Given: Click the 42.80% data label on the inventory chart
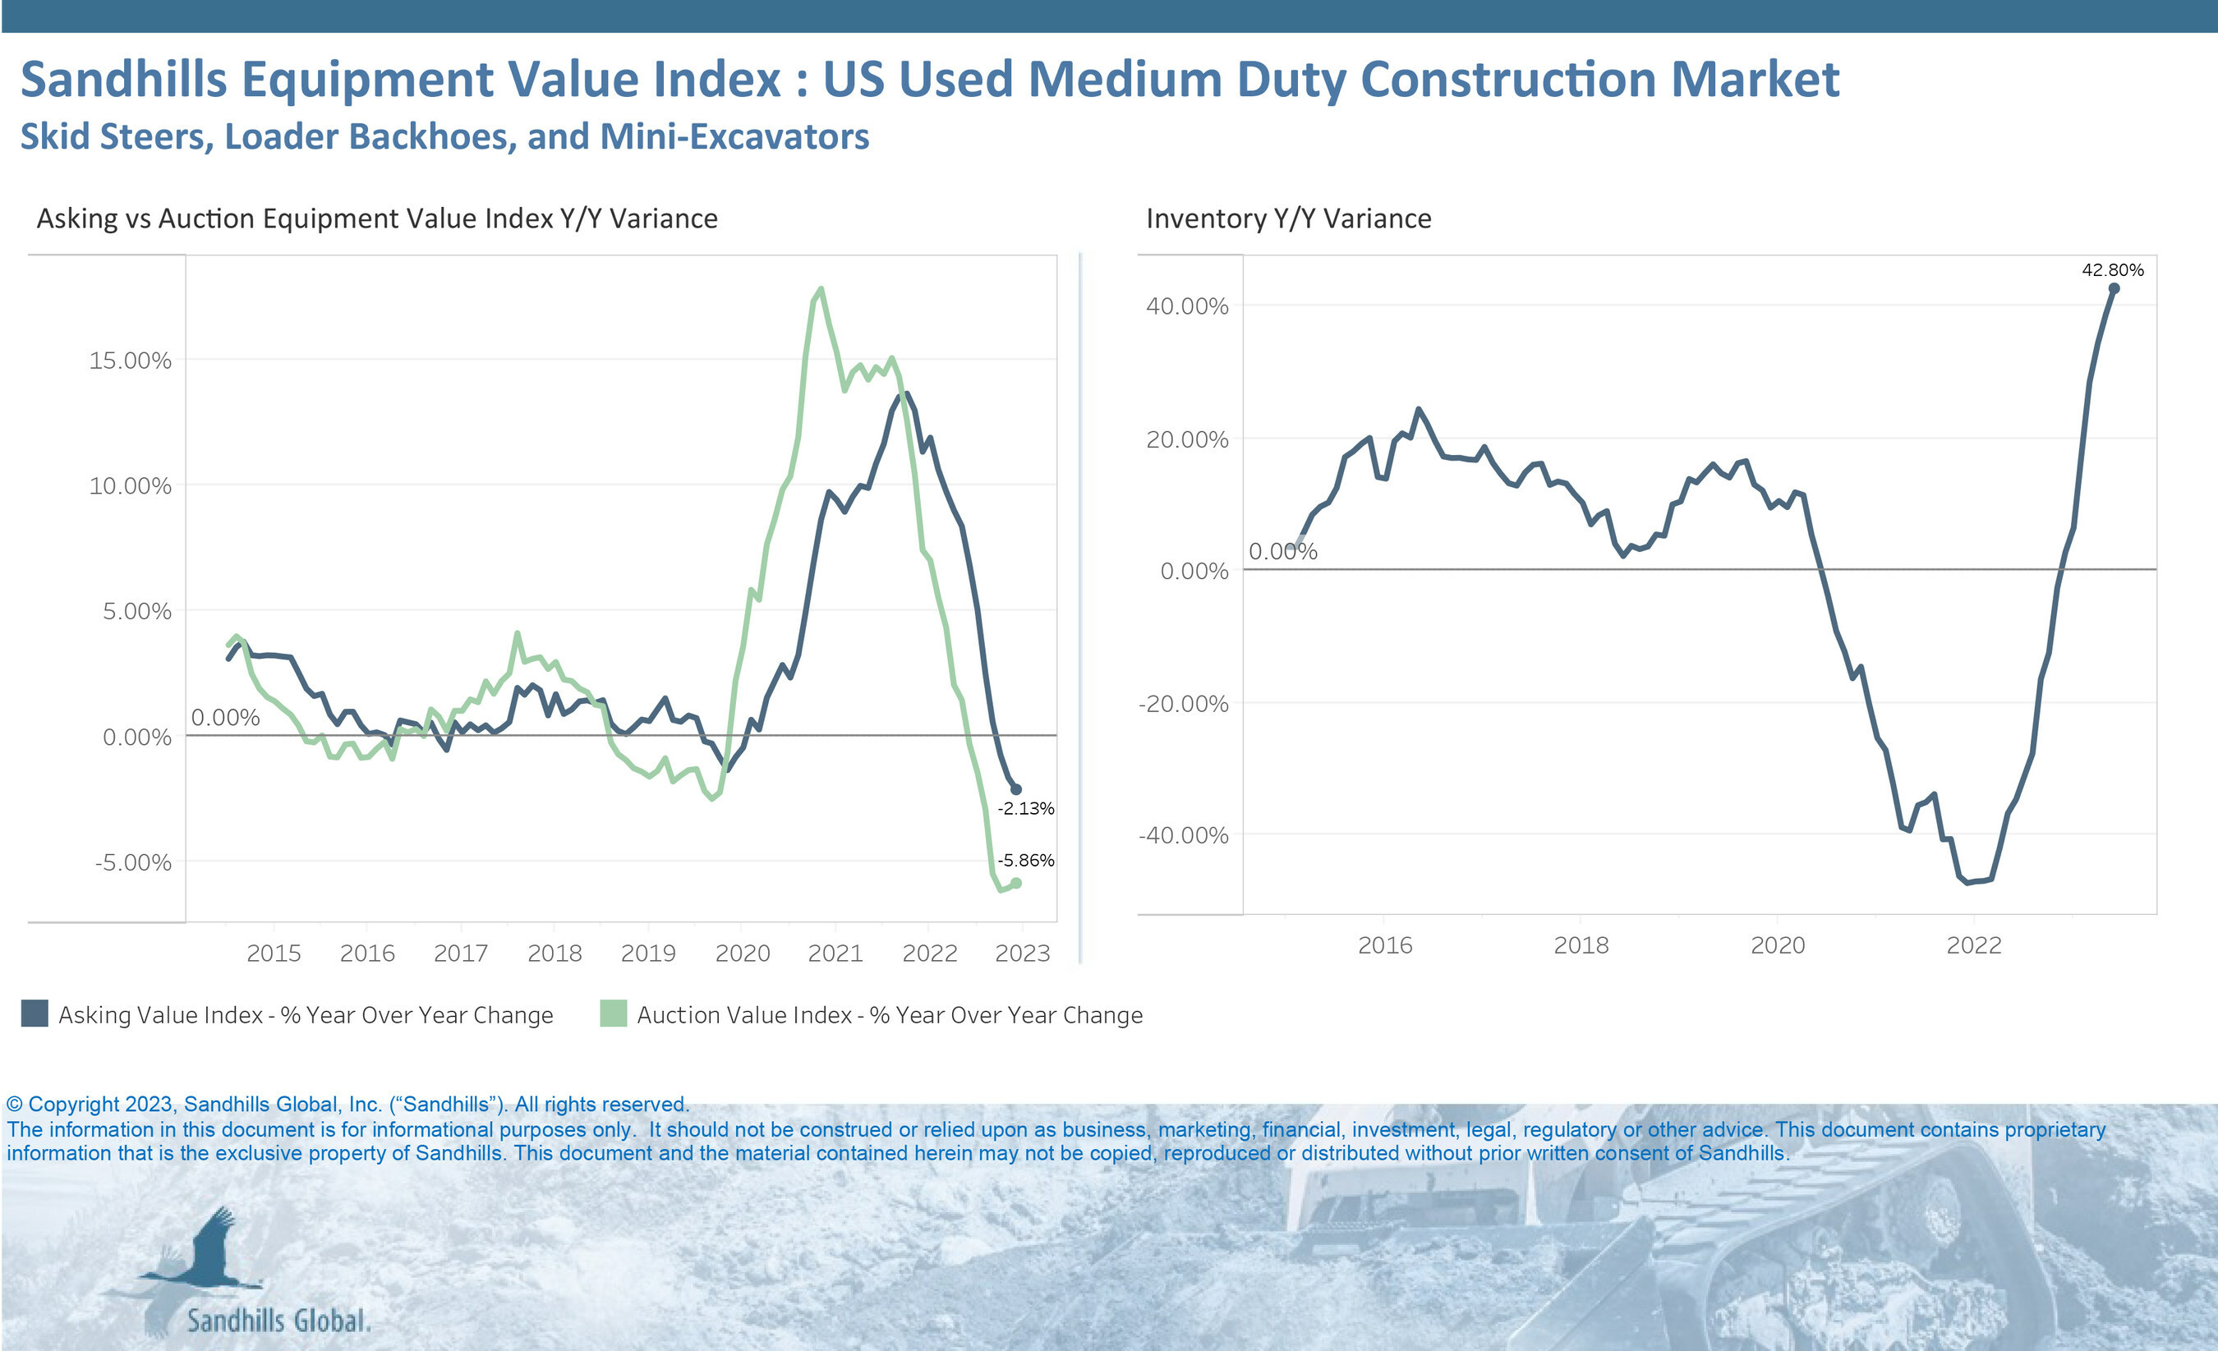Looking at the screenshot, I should coord(2112,270).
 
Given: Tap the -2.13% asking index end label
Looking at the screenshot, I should coord(1025,808).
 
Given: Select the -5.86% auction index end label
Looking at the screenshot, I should coord(1025,861).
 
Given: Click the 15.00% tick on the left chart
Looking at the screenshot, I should coord(130,361).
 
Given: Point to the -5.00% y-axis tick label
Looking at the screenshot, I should coord(132,862).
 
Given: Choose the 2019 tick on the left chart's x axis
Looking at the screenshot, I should coord(648,954).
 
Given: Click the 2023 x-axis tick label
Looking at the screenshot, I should coord(1023,954).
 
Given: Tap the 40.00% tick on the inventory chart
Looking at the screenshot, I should coord(1186,306).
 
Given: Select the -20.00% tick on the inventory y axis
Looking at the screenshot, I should coord(1183,704).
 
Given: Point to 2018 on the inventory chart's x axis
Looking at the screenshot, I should coord(1581,946).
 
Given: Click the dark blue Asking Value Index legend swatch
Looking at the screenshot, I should coord(35,1013).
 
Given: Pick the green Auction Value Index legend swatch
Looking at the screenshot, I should coord(613,1013).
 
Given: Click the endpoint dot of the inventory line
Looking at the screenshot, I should coord(2114,289).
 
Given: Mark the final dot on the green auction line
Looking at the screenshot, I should coord(1016,883).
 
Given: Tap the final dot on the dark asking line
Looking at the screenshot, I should coord(1016,789).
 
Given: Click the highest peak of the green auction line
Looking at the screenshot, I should coord(820,289).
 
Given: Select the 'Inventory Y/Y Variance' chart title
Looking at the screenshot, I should coord(1288,218).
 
